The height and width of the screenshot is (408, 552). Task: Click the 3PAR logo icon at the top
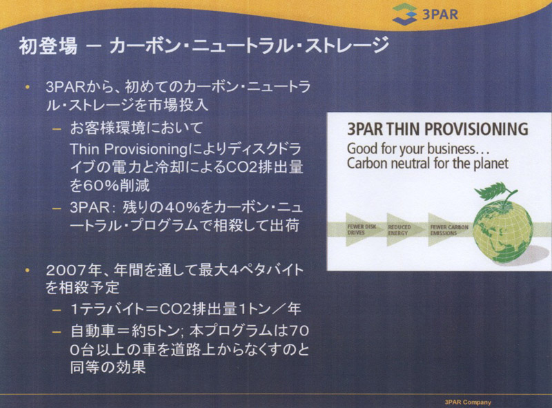(405, 14)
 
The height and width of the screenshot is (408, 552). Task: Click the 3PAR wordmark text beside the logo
(440, 14)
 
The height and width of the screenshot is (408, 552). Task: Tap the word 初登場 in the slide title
(48, 46)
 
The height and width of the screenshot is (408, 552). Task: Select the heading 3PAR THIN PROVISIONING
(437, 129)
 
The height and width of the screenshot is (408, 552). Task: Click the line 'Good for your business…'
(418, 149)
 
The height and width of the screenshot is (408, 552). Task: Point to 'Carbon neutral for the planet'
(428, 164)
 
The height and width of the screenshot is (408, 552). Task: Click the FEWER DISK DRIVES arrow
(362, 230)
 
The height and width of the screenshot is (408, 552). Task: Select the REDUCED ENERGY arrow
(402, 230)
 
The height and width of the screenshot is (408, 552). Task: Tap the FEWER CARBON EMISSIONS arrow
(449, 230)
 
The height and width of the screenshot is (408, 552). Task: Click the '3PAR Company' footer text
(468, 402)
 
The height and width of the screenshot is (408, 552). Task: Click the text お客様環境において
(136, 128)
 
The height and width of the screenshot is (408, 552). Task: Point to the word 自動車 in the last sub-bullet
(92, 331)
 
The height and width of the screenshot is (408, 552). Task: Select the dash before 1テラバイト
(57, 310)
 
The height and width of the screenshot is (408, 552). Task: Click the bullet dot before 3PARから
(28, 87)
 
